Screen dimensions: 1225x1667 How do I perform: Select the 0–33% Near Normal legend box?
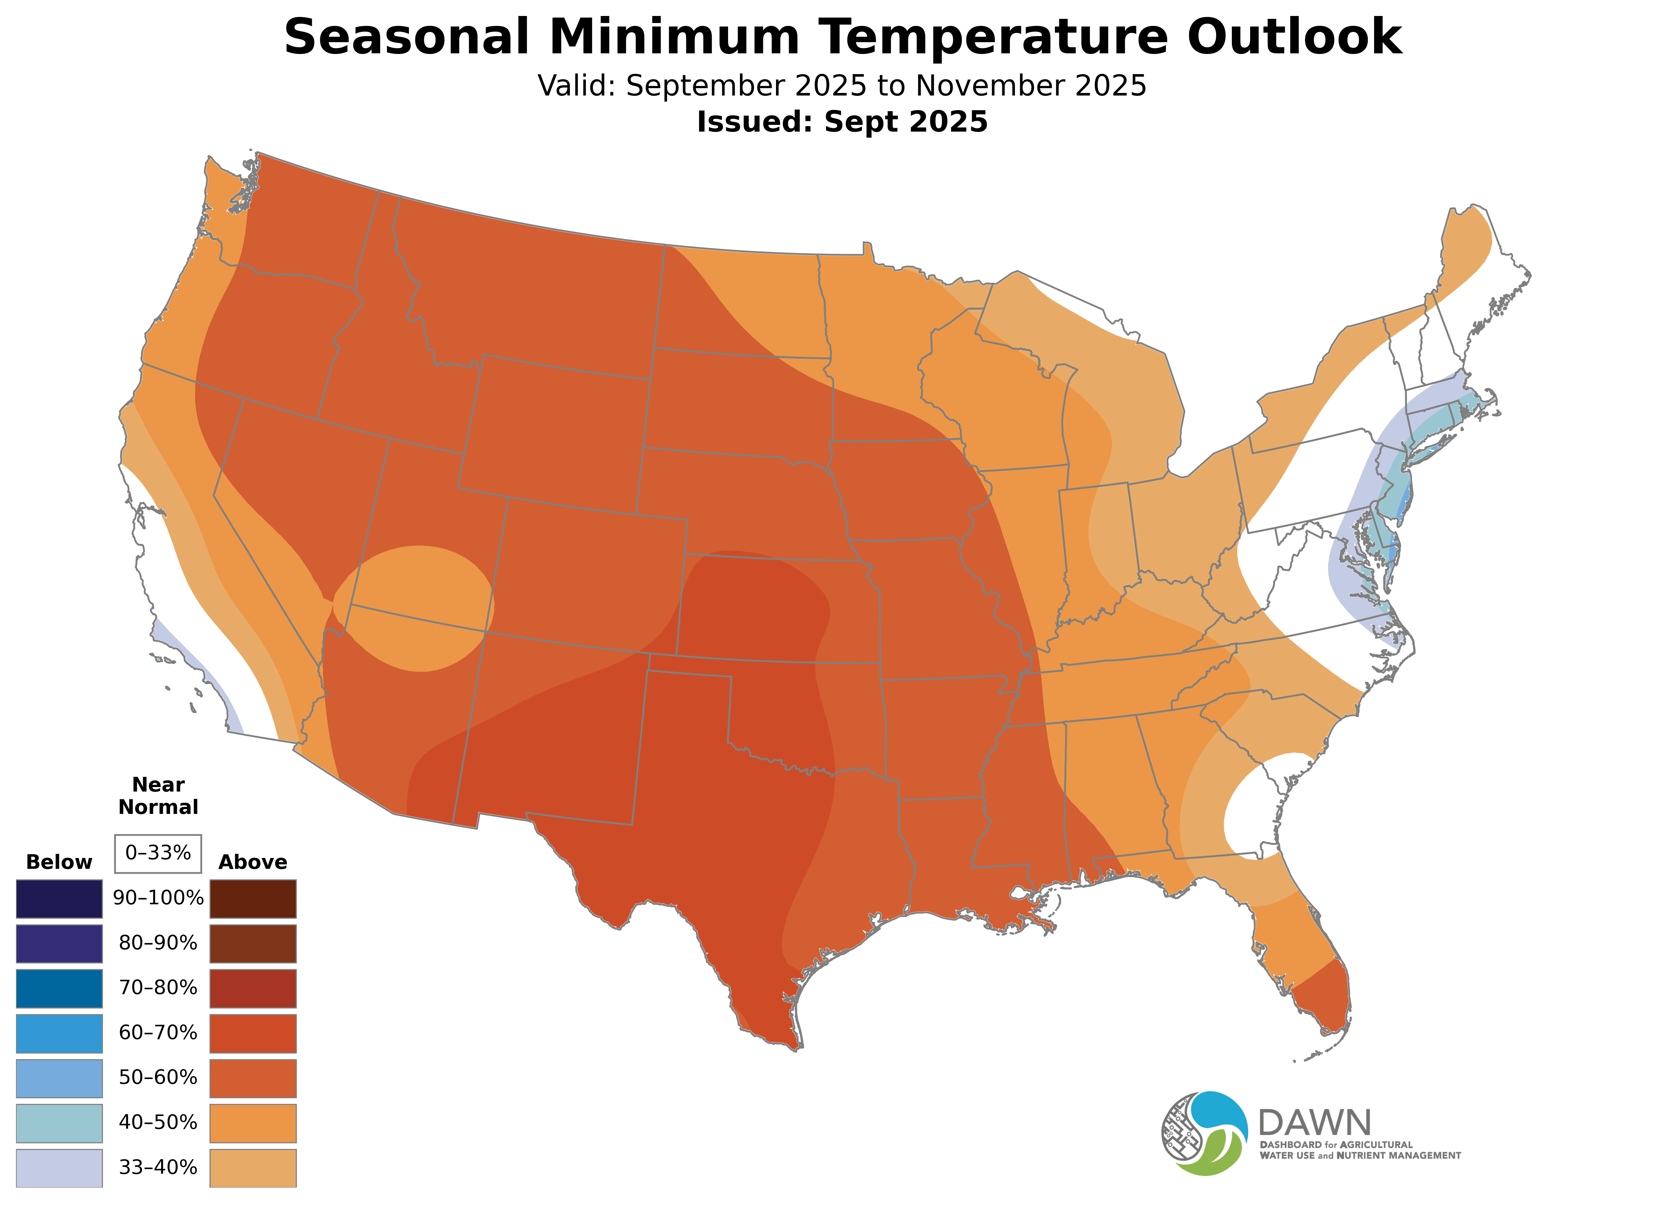[158, 854]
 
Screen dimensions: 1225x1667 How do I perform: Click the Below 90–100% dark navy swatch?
[59, 899]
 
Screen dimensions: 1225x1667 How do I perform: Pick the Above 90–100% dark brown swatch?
[253, 899]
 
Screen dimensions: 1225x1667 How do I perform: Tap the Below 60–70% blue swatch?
[59, 1033]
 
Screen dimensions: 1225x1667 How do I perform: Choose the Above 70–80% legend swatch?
[253, 988]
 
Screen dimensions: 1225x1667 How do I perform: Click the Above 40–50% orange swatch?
[253, 1123]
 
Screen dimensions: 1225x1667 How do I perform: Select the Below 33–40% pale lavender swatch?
[59, 1168]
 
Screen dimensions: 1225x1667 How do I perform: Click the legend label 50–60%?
[158, 1077]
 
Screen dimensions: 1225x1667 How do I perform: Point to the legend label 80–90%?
[158, 943]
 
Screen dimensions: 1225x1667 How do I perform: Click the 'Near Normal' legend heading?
[158, 796]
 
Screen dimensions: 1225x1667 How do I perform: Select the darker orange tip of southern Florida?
[1324, 997]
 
